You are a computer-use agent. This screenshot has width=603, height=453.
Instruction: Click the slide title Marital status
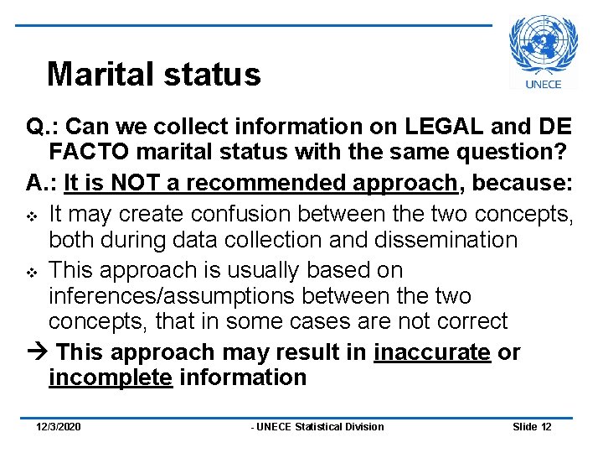point(154,75)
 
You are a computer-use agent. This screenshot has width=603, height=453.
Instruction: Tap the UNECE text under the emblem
point(543,84)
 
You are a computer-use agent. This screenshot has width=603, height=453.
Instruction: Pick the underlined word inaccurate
point(432,352)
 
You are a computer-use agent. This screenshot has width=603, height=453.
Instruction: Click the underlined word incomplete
point(111,378)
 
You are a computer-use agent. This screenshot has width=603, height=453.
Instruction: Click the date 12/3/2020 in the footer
point(59,427)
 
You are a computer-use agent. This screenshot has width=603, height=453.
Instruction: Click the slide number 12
point(546,427)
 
